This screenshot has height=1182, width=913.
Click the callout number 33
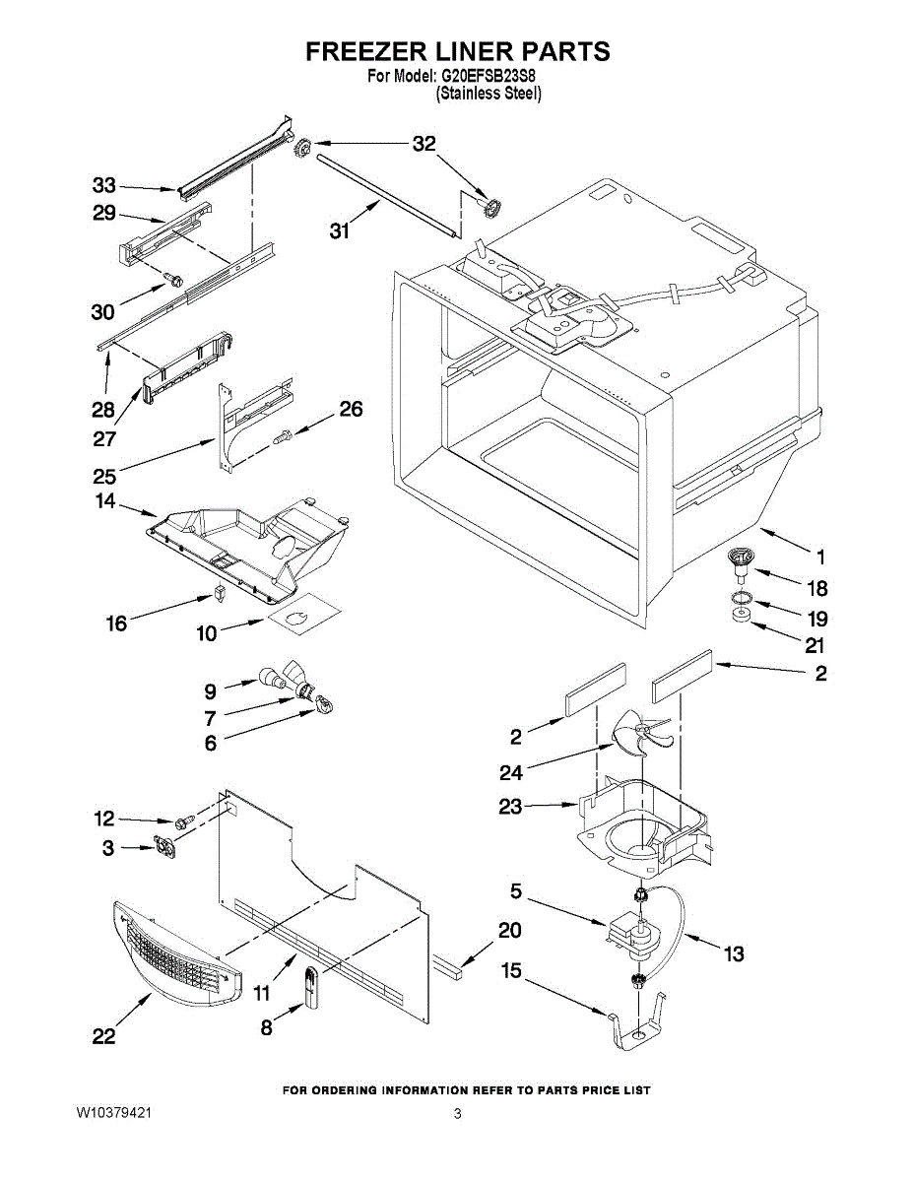tap(103, 185)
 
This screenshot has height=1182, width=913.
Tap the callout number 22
tap(103, 1036)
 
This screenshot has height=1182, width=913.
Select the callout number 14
tap(105, 501)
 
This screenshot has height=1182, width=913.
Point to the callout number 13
tap(734, 953)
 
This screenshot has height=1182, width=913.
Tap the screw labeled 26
tap(284, 435)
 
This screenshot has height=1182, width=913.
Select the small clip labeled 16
tap(219, 592)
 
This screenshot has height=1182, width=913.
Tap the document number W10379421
tap(113, 1113)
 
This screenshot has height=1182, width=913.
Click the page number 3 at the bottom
tap(457, 1113)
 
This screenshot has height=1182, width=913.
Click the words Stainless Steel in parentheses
tap(489, 94)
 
